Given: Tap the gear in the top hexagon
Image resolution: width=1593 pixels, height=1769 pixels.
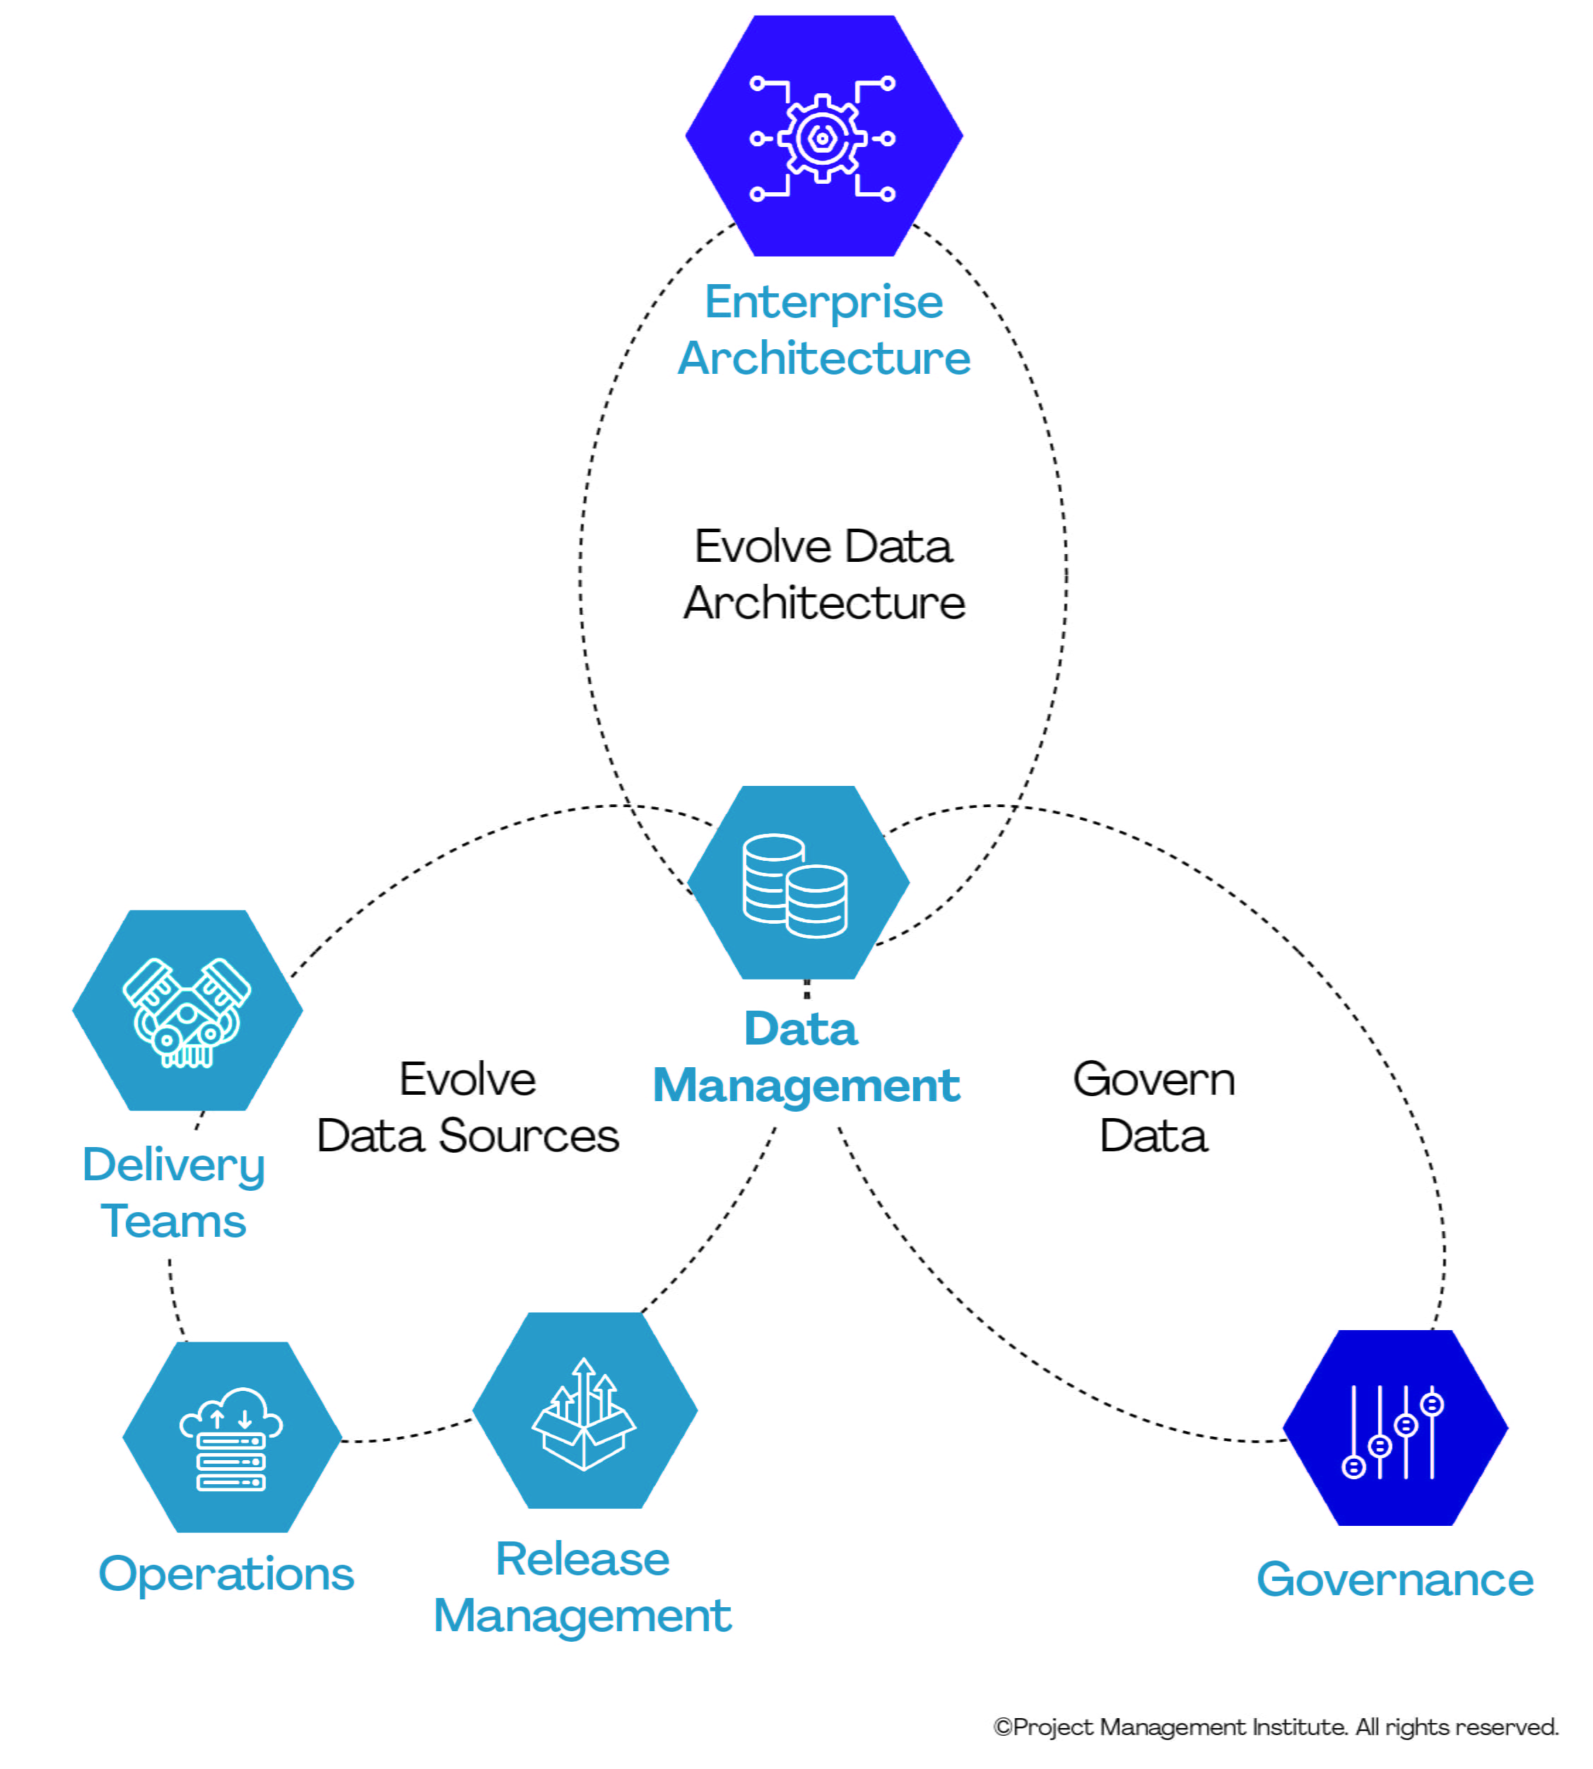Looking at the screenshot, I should (822, 139).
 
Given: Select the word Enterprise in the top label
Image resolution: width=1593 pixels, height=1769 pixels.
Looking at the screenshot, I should (823, 302).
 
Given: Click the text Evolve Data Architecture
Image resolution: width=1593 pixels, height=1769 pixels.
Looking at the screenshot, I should (823, 574).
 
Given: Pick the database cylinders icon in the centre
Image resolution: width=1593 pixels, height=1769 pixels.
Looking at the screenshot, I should (795, 885).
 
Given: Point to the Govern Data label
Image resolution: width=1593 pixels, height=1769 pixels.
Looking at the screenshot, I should (1153, 1107).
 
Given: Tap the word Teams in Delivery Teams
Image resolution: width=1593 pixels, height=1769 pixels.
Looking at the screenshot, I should (173, 1221).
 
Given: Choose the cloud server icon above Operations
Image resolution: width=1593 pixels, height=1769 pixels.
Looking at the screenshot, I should (231, 1439).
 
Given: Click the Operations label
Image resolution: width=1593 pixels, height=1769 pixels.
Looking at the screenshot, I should (226, 1574).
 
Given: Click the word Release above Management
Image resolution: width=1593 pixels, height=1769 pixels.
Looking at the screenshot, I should (582, 1559).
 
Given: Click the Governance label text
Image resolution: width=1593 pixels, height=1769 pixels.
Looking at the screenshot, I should (1394, 1580).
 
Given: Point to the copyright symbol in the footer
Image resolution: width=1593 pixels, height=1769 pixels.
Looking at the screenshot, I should (1003, 1727).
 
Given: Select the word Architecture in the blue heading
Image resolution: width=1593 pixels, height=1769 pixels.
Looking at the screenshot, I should (823, 358).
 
